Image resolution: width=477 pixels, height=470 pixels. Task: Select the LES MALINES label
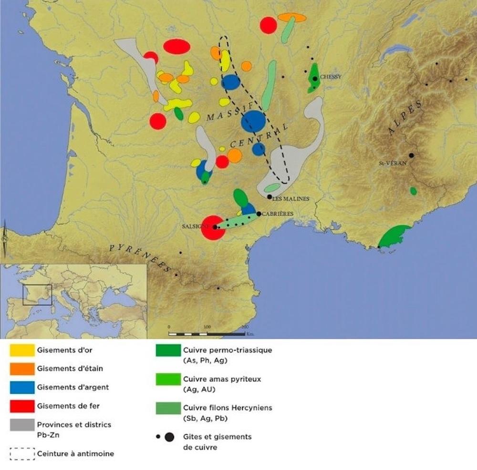tap(290, 199)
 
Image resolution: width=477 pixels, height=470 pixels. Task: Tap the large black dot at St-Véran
tap(411, 155)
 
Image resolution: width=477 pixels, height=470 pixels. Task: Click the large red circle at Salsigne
tap(213, 228)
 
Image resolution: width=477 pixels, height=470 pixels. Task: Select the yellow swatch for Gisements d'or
tap(22, 350)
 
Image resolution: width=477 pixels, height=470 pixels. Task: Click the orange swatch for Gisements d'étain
tap(22, 368)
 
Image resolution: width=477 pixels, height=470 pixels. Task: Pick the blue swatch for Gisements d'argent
tap(22, 387)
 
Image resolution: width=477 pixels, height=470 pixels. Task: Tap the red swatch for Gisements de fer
tap(22, 406)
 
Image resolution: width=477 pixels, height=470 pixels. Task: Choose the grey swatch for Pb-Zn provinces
tap(22, 428)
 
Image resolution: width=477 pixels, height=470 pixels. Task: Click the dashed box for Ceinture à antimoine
tap(22, 453)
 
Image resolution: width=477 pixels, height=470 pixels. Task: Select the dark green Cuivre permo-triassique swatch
tap(168, 350)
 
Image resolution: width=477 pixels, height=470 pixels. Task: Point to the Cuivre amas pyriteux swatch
tap(168, 379)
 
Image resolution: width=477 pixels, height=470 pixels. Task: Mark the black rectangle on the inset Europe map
tap(37, 295)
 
